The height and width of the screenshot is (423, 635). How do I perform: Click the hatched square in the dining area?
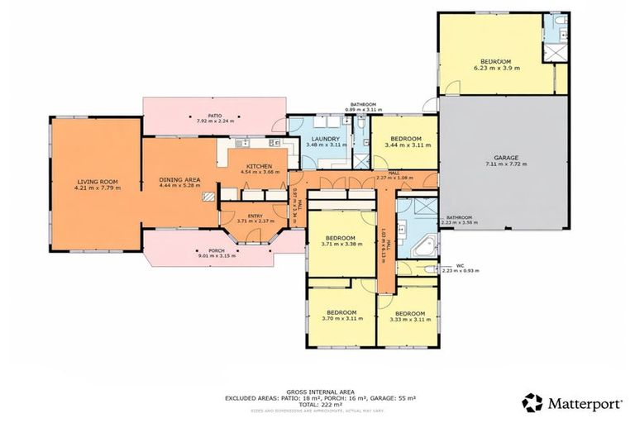[210, 197]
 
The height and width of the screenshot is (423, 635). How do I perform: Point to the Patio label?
[214, 116]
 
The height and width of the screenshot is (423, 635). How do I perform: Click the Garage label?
[505, 156]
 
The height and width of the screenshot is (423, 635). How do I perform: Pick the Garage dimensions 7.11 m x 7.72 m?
[505, 164]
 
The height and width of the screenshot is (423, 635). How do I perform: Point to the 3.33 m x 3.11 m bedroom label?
[409, 313]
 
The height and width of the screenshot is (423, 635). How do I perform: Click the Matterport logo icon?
[532, 403]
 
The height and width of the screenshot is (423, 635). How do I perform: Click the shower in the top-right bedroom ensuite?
[551, 51]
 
